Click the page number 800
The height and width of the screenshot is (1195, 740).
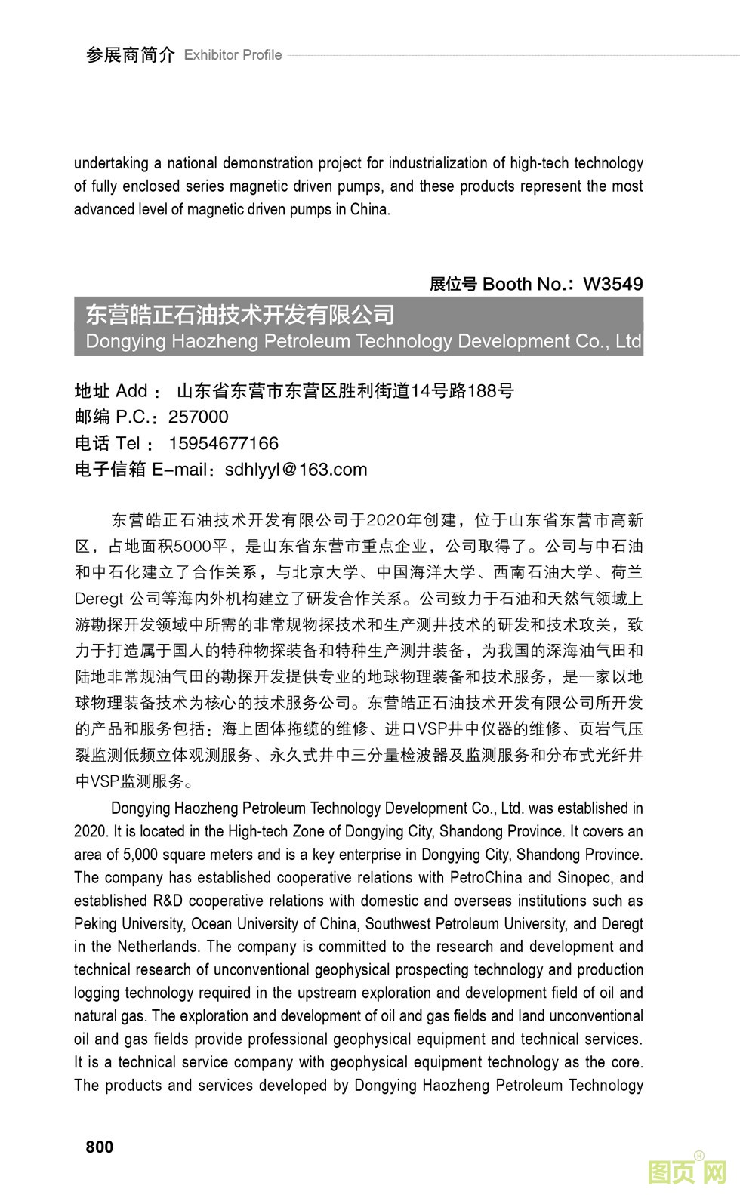click(100, 1147)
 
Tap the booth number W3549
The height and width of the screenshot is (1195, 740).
click(613, 284)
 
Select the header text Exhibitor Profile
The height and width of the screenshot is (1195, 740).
click(233, 54)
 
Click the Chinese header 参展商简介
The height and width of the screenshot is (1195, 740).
click(130, 54)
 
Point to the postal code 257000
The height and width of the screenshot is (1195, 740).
click(198, 417)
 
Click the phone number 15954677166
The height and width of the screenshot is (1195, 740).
click(224, 443)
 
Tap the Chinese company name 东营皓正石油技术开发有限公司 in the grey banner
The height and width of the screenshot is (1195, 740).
click(240, 315)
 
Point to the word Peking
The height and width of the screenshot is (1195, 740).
click(94, 923)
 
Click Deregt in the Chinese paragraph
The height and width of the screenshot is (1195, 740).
click(98, 599)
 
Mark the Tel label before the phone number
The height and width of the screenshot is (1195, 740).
click(128, 443)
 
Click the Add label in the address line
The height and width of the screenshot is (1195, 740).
click(131, 391)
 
